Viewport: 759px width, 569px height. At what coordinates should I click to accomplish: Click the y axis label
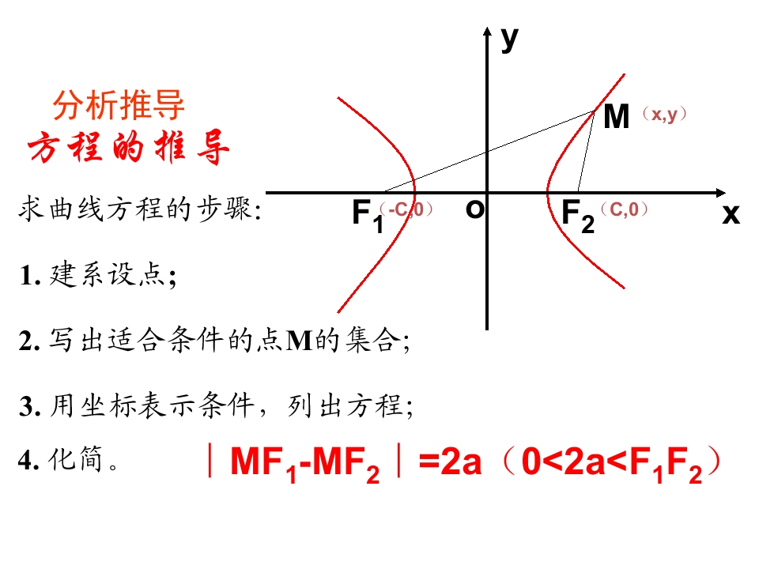click(x=510, y=40)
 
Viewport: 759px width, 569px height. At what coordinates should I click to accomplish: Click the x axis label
click(x=731, y=214)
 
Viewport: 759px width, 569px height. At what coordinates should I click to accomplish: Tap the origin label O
click(x=474, y=209)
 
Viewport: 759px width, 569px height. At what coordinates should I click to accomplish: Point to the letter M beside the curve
click(x=616, y=117)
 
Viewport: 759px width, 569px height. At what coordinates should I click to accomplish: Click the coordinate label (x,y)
click(x=664, y=115)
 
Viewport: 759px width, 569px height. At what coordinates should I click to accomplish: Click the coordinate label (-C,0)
click(x=406, y=209)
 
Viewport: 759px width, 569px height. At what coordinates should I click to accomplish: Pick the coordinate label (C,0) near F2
click(x=624, y=209)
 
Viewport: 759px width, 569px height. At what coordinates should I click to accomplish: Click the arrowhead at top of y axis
click(x=487, y=31)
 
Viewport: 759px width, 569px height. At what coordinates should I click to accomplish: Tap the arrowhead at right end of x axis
click(x=721, y=193)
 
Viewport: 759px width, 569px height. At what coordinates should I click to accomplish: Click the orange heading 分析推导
click(x=119, y=105)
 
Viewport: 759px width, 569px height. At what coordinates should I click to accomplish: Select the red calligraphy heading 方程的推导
click(x=128, y=147)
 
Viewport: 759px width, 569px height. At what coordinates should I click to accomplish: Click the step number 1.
click(x=28, y=277)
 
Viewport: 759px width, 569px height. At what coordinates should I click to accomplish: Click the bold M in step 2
click(x=300, y=340)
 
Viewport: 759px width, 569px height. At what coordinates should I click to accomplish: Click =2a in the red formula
click(x=450, y=461)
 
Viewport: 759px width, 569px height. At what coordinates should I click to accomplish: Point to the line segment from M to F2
click(x=586, y=152)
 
